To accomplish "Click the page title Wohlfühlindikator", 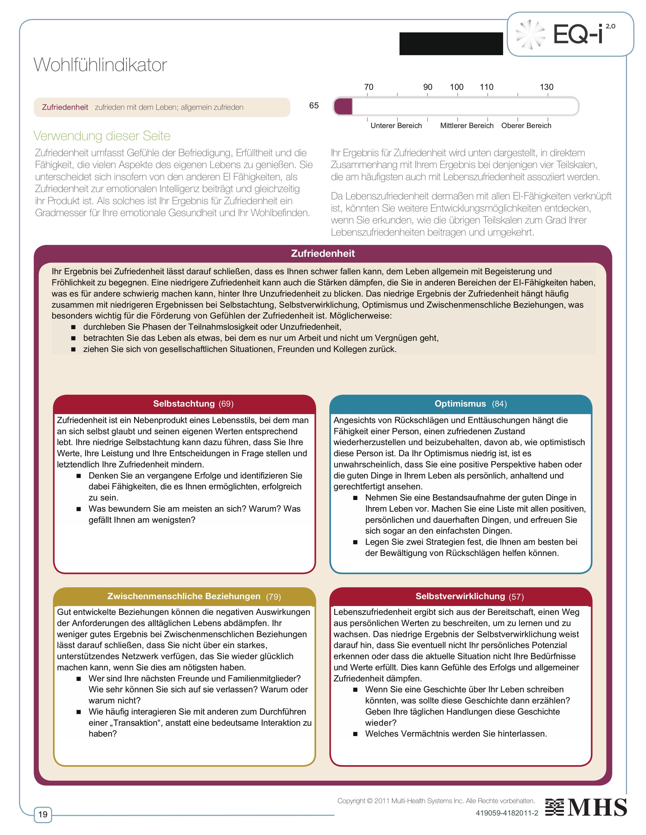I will click(x=100, y=65).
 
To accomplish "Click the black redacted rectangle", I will click(x=451, y=44).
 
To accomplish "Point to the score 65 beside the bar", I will click(x=314, y=106).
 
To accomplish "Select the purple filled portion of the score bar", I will click(x=343, y=106).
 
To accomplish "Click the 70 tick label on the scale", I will click(x=369, y=87).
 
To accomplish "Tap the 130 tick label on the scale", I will click(x=546, y=87).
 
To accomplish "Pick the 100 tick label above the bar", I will click(x=457, y=87).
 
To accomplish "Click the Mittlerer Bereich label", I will click(x=466, y=126).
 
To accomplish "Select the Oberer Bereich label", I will click(x=526, y=126).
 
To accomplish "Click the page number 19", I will click(x=43, y=814).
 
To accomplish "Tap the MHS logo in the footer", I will click(x=586, y=807).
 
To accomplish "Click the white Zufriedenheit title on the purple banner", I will click(x=322, y=254).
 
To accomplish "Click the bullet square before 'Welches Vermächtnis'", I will click(x=355, y=734).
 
